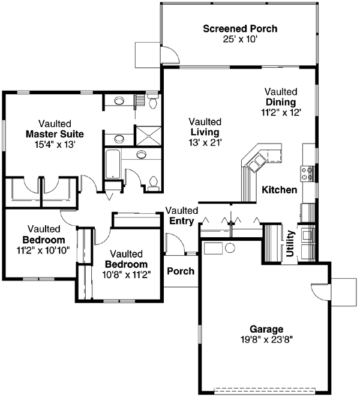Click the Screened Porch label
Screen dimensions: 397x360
point(240,28)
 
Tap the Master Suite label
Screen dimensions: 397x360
point(55,133)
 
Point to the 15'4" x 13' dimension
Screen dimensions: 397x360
point(55,144)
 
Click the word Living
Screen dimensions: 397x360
point(205,132)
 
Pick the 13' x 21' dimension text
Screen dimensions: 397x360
point(205,142)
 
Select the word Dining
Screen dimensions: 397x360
point(281,102)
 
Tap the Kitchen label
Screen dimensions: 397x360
point(280,190)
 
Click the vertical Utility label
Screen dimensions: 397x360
point(290,243)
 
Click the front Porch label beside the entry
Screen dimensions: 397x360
point(181,271)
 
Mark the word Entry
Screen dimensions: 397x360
point(182,221)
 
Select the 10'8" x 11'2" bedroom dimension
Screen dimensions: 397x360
point(126,274)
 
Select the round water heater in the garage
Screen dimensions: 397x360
point(230,248)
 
